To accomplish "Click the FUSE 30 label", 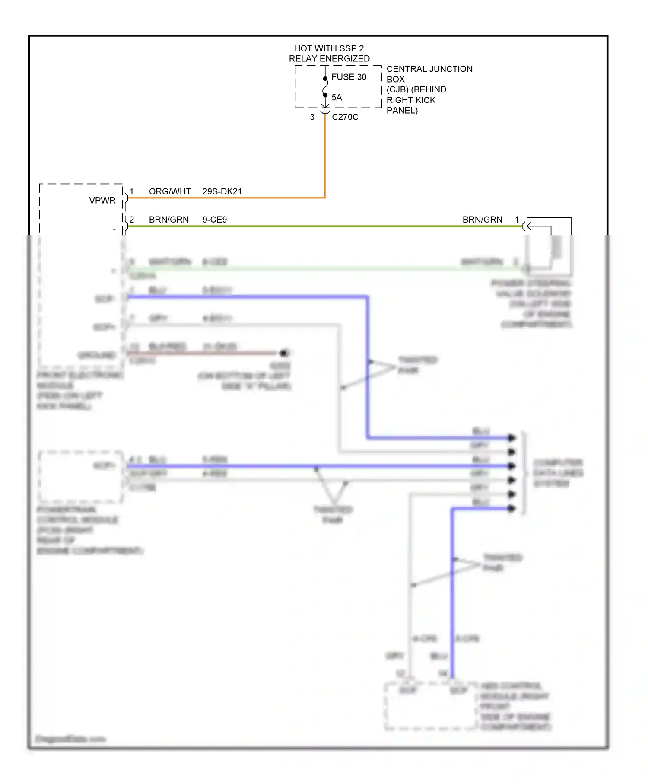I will click(348, 77).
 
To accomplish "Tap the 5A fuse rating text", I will click(337, 98).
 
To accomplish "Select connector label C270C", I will click(345, 117).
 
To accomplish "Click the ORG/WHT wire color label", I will click(170, 191).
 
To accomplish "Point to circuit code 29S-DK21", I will click(222, 191).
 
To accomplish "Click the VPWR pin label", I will click(102, 201).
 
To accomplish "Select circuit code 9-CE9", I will click(214, 220).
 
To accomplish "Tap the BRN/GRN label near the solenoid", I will click(482, 220).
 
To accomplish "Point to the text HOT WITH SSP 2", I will click(329, 48).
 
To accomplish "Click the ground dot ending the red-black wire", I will click(284, 353).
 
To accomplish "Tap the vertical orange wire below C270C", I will click(325, 156).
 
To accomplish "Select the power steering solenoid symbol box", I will click(549, 246).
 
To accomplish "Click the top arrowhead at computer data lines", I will click(512, 438).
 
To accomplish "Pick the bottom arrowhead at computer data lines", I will click(512, 508).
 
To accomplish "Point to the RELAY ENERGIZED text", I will click(329, 59).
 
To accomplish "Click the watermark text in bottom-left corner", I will click(70, 739).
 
